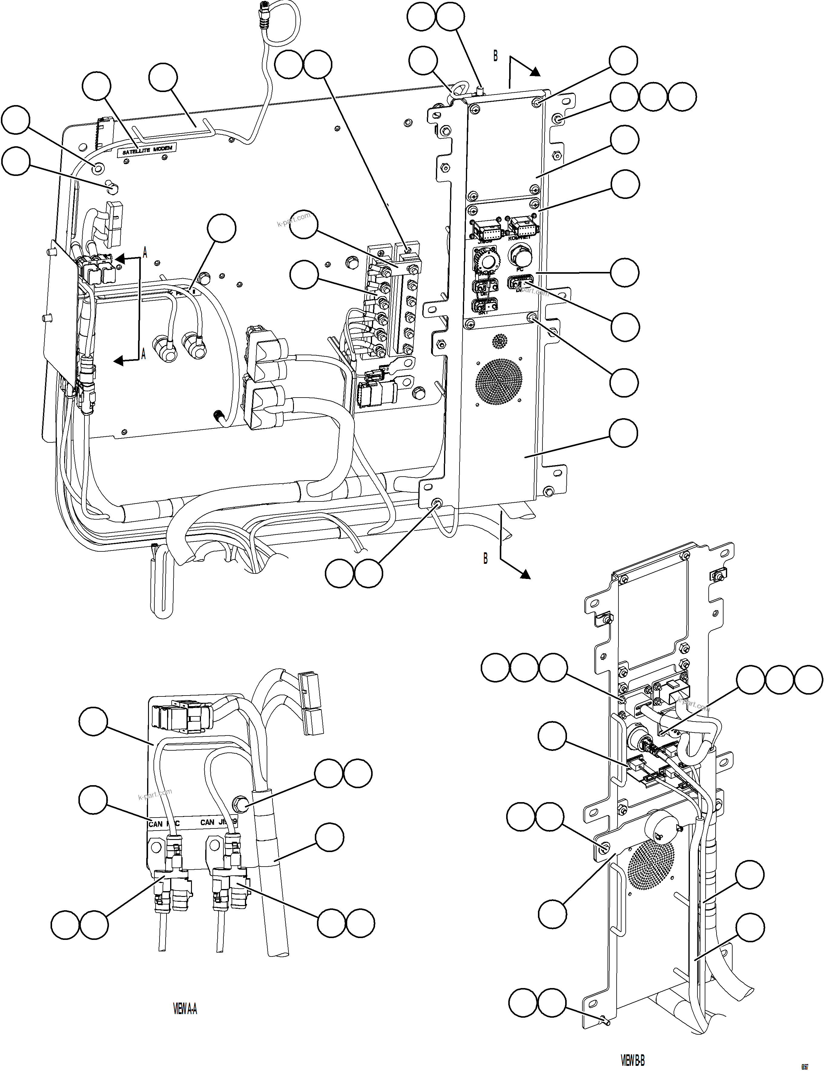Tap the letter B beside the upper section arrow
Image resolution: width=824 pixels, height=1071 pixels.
[495, 56]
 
